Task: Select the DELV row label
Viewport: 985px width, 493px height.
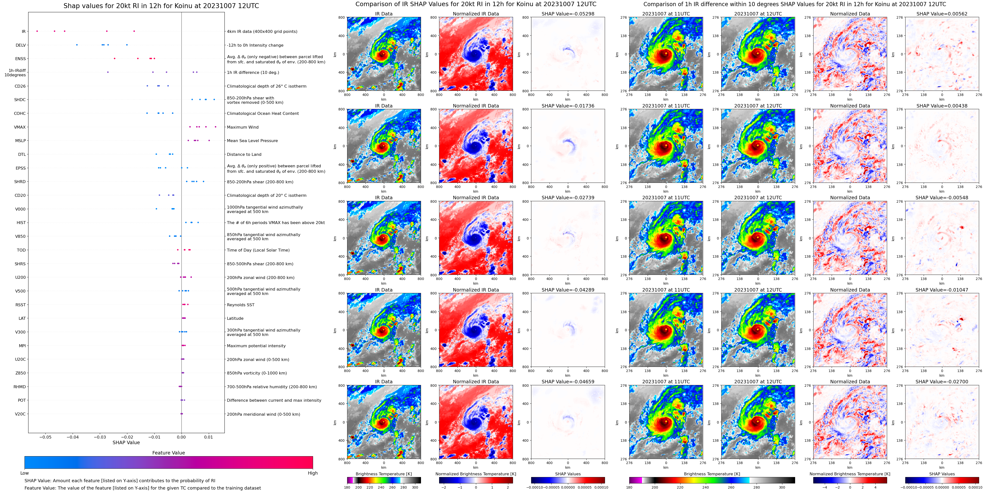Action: [x=21, y=45]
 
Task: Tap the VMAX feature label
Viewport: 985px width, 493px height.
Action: [x=20, y=127]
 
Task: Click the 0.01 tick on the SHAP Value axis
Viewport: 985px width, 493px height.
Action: [x=208, y=437]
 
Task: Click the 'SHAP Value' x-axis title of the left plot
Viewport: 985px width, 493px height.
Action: [x=126, y=442]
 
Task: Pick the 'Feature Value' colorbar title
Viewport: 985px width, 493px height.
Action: [x=168, y=453]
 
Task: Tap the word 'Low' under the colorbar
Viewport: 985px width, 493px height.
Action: [x=25, y=473]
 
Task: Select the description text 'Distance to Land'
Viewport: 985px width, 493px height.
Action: [x=244, y=155]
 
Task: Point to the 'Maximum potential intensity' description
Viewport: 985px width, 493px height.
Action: [x=256, y=346]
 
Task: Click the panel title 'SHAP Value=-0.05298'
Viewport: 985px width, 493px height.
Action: [x=568, y=14]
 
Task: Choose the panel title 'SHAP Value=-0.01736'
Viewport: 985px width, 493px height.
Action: [x=568, y=106]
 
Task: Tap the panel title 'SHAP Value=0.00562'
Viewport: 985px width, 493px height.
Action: [x=942, y=14]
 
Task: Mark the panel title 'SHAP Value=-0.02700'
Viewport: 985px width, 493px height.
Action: [x=942, y=382]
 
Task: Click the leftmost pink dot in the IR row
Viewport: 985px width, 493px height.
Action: [x=37, y=31]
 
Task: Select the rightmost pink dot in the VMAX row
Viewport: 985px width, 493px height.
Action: [x=216, y=127]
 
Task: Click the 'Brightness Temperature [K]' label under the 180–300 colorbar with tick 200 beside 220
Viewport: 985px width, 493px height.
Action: [x=383, y=474]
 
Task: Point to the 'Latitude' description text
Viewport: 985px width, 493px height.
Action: [x=235, y=318]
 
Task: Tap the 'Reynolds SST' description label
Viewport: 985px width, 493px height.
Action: [x=240, y=305]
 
